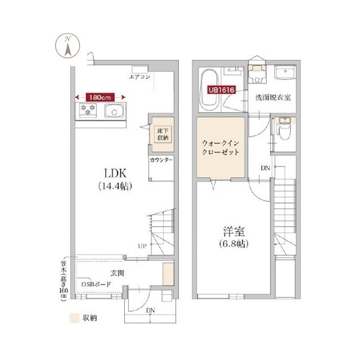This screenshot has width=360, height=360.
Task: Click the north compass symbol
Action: pos(67,46)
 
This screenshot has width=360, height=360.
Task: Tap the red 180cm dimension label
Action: pos(100,97)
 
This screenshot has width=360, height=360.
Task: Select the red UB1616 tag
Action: pos(222,90)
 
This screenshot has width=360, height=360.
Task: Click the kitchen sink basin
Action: pos(114,111)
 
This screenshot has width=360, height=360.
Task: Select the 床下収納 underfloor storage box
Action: pos(163,134)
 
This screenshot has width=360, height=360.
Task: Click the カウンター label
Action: pos(161,160)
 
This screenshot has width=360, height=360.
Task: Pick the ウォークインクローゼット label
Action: pos(220,147)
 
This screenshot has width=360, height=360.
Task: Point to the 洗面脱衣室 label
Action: pos(273,97)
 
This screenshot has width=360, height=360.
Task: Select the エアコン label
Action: pos(139,76)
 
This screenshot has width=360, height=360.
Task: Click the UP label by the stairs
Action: pos(142,246)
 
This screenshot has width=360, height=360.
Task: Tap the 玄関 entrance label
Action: pos(118,273)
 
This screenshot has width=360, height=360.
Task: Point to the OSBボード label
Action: pos(96,284)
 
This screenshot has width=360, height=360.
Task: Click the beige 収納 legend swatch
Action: pos(74,318)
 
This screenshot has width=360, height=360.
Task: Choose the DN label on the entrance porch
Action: pos(151,310)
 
